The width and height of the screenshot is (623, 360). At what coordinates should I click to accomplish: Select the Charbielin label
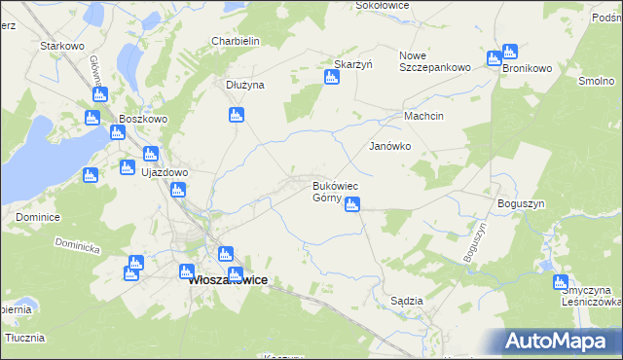tap(235, 42)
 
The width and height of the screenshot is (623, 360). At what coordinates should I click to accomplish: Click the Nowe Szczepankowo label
tap(435, 61)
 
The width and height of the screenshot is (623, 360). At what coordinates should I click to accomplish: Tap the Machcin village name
tap(424, 117)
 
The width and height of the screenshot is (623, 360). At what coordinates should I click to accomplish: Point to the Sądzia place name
tap(406, 302)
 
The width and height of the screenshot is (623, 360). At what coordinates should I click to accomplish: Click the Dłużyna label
tap(245, 85)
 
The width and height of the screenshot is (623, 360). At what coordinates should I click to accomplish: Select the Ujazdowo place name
tap(165, 172)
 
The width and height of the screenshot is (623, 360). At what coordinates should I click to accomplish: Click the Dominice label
tap(38, 217)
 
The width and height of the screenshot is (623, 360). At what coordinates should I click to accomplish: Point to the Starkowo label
tap(57, 46)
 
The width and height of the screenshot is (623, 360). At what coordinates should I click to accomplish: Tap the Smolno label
tap(595, 82)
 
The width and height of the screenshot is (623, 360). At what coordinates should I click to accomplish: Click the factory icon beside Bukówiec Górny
tap(352, 203)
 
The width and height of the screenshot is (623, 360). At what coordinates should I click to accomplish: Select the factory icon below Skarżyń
tap(331, 77)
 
